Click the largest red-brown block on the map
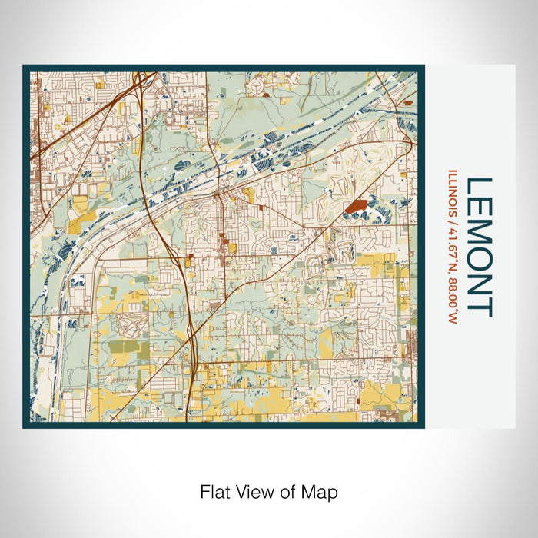coord(354,205)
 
